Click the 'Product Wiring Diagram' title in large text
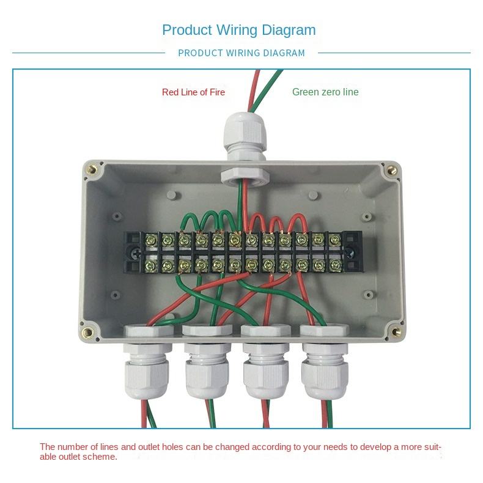tap(238, 29)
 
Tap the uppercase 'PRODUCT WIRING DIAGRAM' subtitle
tap(241, 53)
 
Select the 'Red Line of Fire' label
tap(193, 92)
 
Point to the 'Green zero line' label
tap(325, 92)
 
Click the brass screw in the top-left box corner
tap(93, 170)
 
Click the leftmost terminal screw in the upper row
tap(149, 240)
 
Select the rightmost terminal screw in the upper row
tap(334, 240)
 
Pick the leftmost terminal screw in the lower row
tap(149, 265)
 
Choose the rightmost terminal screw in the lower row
tap(334, 265)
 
